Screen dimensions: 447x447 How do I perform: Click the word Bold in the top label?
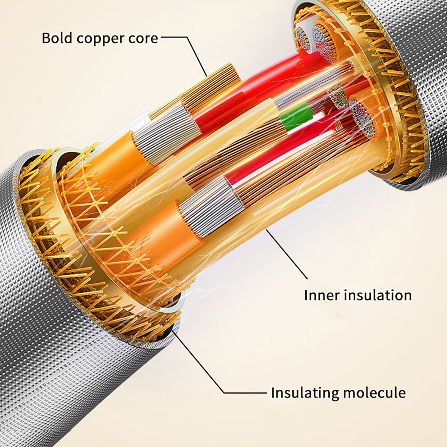(58, 38)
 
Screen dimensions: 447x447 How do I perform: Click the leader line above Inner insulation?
(288, 254)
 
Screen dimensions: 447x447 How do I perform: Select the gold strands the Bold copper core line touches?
(212, 84)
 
